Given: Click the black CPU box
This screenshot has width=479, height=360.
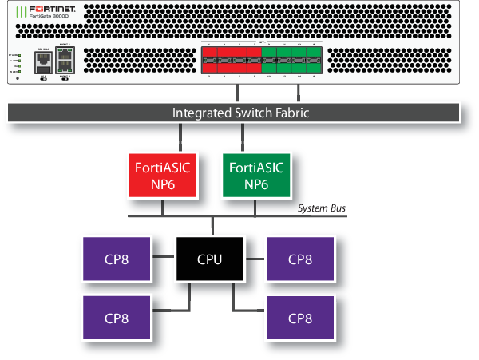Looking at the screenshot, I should [210, 259].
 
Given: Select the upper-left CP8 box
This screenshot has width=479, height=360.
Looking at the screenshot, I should [117, 259].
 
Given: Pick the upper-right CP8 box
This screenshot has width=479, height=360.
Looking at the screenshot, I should [300, 259].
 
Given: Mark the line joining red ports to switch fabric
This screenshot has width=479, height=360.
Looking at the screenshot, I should [237, 91].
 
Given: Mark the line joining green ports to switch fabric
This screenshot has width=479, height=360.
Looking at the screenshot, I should [298, 91].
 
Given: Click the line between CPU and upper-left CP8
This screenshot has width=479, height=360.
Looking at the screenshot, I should [163, 257].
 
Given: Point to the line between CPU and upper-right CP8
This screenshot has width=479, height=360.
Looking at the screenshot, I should [255, 257].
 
